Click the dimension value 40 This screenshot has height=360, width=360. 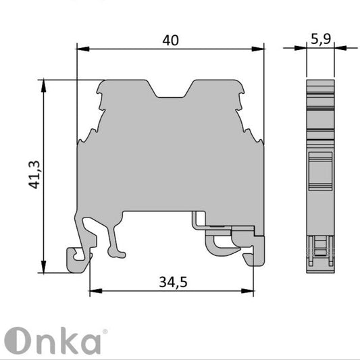coord(170,41)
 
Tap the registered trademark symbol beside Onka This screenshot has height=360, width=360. coord(103,332)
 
